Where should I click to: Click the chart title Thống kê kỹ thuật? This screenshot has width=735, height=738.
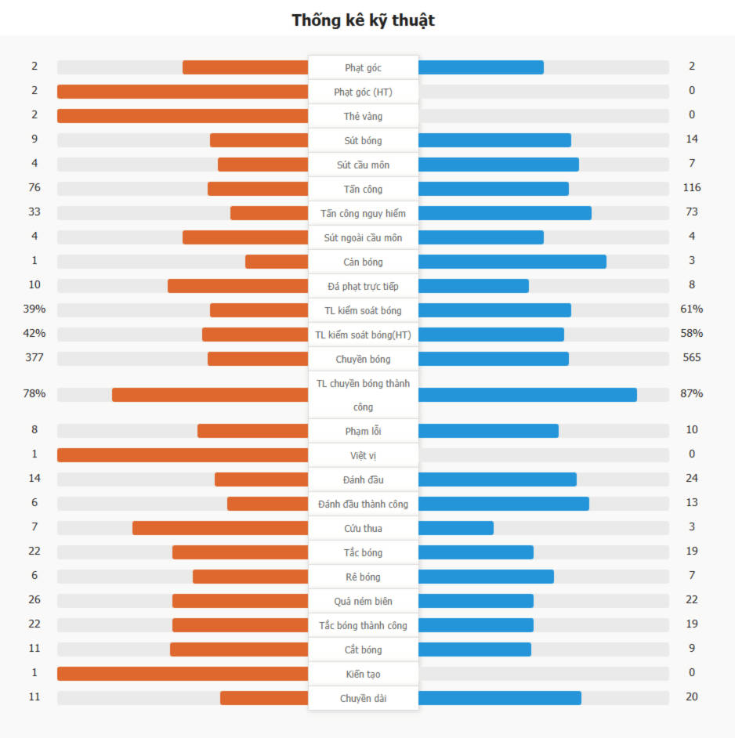[x=363, y=20]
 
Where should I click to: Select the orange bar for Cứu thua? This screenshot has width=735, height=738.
[x=220, y=528]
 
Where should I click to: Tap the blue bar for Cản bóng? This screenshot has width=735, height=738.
[x=512, y=262]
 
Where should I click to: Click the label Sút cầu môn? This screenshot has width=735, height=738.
[x=363, y=165]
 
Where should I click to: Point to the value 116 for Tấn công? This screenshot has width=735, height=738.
[x=691, y=188]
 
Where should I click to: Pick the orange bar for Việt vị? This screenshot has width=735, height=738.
[x=183, y=455]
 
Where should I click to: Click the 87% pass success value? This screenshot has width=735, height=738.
[x=691, y=393]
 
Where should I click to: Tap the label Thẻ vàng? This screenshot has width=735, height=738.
[x=363, y=116]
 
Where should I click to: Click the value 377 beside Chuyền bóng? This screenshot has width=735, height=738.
[x=34, y=358]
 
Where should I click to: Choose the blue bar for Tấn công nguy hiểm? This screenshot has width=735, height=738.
[x=505, y=213]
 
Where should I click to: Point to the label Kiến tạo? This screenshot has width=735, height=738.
[x=363, y=674]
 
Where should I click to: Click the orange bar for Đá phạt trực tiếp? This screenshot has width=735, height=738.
[x=237, y=286]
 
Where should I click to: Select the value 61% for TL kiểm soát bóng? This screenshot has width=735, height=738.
[x=691, y=309]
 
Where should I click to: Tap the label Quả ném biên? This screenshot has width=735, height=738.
[x=363, y=601]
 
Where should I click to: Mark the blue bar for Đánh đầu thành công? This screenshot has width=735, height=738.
[x=503, y=504]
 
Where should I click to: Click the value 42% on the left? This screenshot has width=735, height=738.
[x=34, y=334]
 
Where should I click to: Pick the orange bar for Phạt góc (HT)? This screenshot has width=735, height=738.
[x=183, y=92]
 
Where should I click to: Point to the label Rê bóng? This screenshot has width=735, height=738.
[x=363, y=577]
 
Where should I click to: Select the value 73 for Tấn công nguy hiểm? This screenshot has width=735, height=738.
[x=691, y=212]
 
